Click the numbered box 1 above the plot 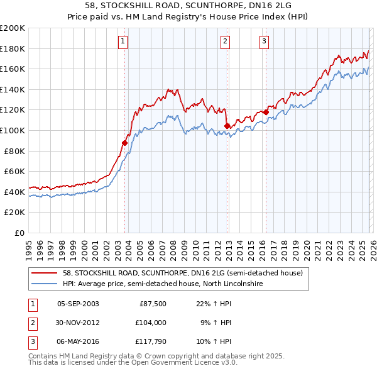click(x=123, y=42)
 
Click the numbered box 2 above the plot click(x=225, y=42)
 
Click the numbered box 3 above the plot click(x=264, y=42)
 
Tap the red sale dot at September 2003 click(x=125, y=143)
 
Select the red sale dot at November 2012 click(x=227, y=126)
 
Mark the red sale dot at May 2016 click(x=266, y=112)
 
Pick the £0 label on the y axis click(x=18, y=233)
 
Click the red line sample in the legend click(x=44, y=273)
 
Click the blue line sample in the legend click(x=44, y=284)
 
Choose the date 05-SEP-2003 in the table click(x=78, y=303)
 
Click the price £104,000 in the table click(x=151, y=323)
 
